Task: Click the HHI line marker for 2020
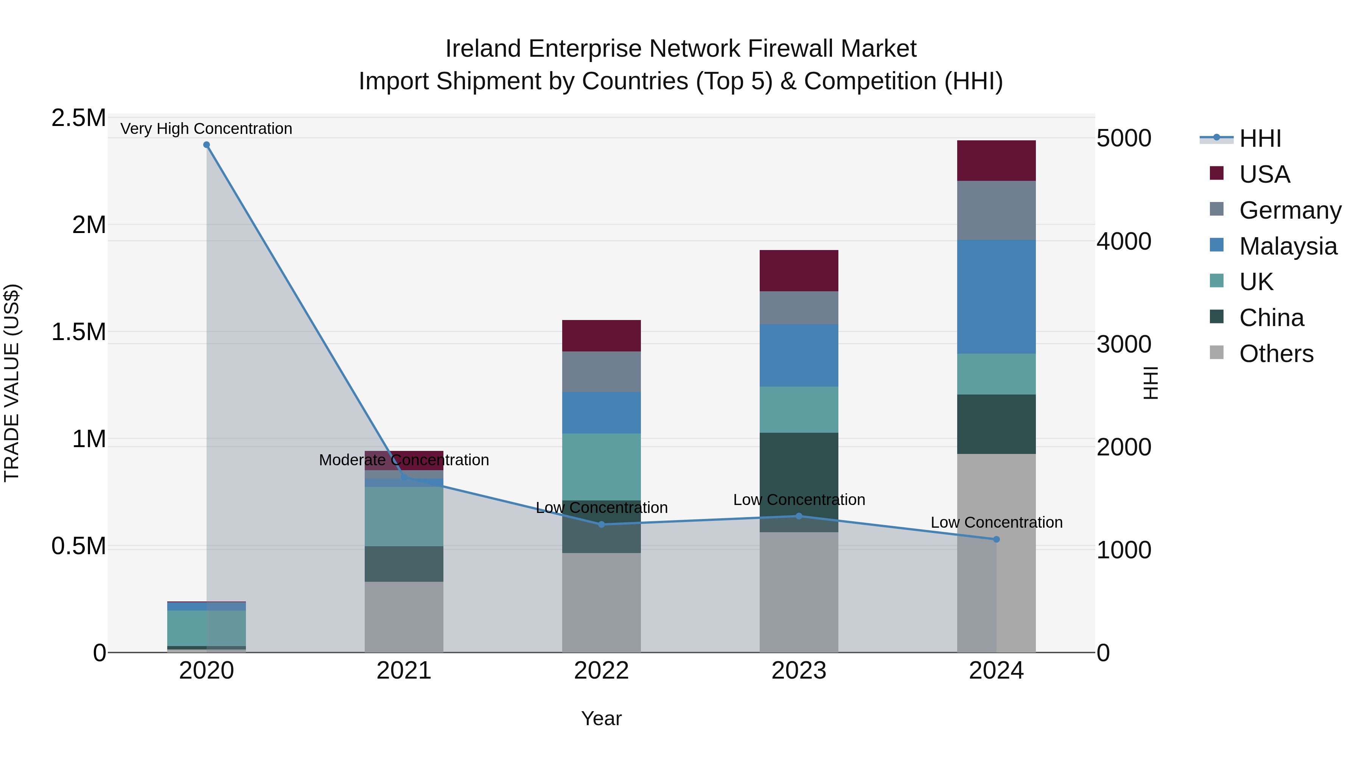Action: [206, 145]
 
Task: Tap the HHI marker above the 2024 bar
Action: [996, 539]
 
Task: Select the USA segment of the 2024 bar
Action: [996, 161]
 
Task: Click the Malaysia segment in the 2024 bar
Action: [996, 297]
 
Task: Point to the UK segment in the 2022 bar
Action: [601, 467]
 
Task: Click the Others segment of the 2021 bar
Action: [404, 617]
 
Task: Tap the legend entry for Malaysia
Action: [1287, 246]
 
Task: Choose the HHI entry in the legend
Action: [1259, 138]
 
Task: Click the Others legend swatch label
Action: [1276, 354]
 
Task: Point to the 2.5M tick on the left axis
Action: [78, 118]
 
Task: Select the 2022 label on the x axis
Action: [601, 671]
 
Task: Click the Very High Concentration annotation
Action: [206, 129]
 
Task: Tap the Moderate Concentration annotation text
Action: [404, 460]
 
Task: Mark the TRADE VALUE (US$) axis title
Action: [12, 383]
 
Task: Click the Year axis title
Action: [601, 718]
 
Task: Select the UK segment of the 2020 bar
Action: [206, 628]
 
